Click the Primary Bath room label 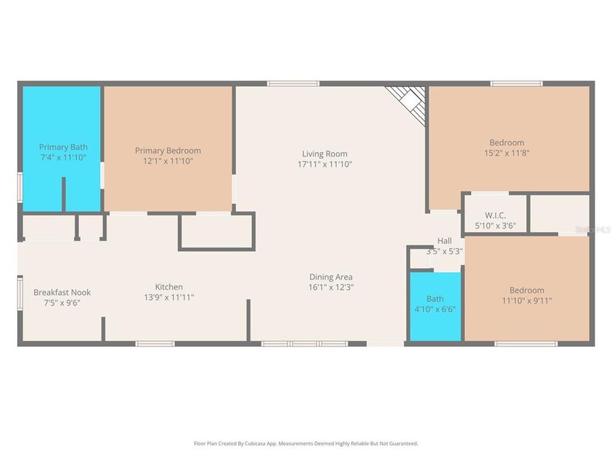tap(62, 147)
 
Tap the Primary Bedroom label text tap(168, 150)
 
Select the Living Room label tap(324, 154)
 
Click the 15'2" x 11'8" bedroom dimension tap(507, 153)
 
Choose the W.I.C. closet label tap(495, 215)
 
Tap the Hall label tap(444, 241)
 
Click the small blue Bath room tap(435, 306)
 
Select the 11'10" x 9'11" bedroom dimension tap(527, 301)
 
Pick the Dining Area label tap(331, 277)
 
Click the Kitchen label tap(169, 287)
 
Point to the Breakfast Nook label tap(62, 292)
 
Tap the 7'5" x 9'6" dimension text tap(62, 302)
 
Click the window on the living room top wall tap(293, 84)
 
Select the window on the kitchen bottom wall tap(155, 344)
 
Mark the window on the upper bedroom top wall tap(516, 84)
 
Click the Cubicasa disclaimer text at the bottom tap(306, 443)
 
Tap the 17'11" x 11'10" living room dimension tap(324, 164)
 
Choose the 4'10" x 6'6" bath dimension tap(435, 310)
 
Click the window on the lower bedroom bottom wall tap(526, 344)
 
